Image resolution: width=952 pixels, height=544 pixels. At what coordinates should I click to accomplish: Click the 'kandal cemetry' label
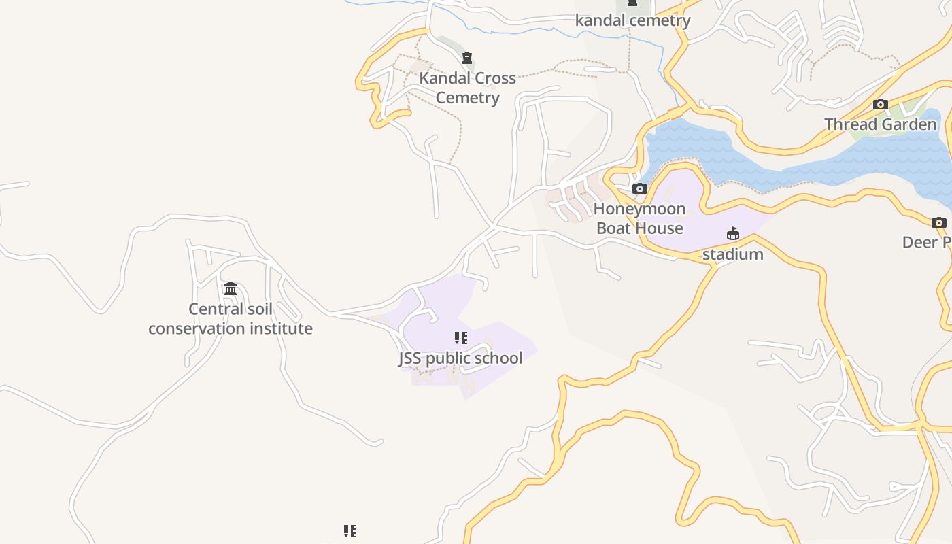coord(632,20)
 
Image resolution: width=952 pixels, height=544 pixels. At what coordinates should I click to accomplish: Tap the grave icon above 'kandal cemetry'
coord(632,3)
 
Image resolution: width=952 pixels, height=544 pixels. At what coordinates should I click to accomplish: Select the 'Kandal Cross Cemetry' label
coord(467,88)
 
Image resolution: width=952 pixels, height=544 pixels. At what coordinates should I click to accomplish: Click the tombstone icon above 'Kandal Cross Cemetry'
coord(467,58)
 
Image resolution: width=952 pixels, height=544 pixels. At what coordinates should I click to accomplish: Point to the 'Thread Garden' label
coord(881,124)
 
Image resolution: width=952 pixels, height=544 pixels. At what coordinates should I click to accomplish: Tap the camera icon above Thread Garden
coord(881,105)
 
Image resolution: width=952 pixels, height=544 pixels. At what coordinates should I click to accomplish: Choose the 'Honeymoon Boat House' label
coord(639,218)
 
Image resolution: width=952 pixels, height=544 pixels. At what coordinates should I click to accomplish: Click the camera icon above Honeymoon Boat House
coord(639,188)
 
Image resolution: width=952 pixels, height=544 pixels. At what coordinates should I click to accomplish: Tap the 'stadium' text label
coord(732,254)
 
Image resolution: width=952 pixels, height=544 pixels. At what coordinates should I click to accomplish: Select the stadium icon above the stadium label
coord(733,234)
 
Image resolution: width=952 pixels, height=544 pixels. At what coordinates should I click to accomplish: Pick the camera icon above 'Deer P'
coord(938,222)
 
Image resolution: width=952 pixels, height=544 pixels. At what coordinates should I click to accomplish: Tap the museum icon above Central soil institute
coord(231,289)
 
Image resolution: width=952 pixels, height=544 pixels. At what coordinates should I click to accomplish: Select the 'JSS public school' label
coord(460,358)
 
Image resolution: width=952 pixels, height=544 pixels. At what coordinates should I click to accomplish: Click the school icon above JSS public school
coord(461,338)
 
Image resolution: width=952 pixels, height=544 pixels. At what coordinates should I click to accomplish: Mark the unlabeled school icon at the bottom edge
coord(350,531)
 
